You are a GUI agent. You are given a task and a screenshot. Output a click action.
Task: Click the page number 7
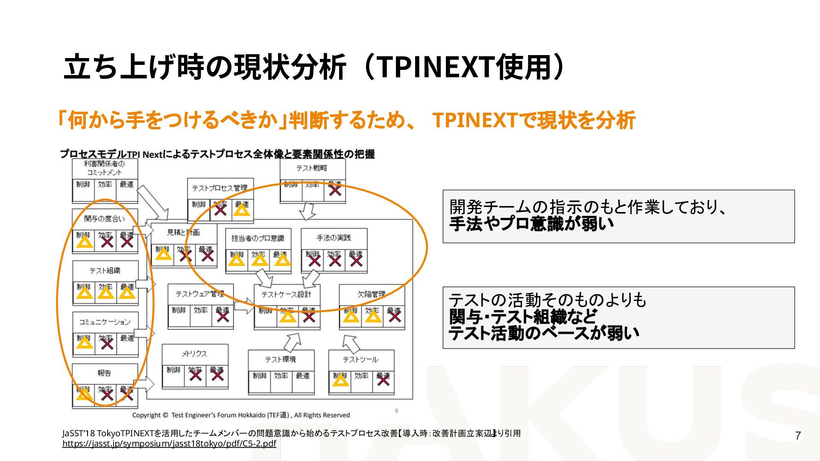797,435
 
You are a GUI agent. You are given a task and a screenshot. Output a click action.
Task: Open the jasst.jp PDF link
169,443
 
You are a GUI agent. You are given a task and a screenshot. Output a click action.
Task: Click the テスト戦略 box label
312,168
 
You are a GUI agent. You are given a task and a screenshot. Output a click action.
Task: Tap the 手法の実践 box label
334,237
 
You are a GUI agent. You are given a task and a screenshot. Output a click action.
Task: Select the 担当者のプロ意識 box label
258,238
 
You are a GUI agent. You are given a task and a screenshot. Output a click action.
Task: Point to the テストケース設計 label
286,294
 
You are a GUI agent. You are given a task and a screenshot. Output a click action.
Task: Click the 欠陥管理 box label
371,294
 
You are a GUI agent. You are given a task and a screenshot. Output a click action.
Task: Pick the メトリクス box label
194,353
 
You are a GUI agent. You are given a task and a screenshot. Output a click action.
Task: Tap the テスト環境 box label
280,359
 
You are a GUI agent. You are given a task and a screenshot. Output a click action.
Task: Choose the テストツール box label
360,359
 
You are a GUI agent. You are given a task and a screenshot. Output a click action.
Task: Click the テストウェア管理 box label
200,294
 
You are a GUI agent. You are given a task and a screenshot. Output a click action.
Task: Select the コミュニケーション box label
105,322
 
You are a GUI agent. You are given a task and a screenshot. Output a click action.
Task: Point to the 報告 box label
104,373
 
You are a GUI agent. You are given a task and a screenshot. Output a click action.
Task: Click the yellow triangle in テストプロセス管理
242,210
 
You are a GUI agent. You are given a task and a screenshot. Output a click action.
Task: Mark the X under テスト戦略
335,190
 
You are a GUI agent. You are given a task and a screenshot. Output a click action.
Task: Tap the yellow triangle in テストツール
340,379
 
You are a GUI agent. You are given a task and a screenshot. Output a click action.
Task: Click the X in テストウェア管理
223,316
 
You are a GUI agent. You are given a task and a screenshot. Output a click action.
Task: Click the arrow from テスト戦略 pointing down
307,211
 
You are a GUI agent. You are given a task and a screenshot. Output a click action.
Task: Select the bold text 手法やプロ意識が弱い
531,224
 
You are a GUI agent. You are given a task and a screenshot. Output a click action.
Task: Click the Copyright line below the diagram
241,415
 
